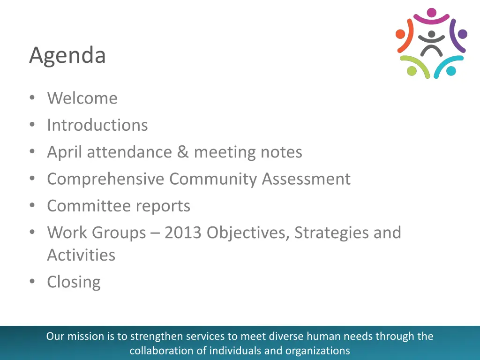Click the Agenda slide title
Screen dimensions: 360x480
pyautogui.click(x=67, y=55)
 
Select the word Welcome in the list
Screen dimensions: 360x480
pyautogui.click(x=82, y=98)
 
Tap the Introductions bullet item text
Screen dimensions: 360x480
pyautogui.click(x=97, y=125)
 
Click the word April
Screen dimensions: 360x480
pyautogui.click(x=64, y=152)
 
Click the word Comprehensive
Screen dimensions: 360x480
pyautogui.click(x=105, y=179)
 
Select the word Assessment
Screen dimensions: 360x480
pyautogui.click(x=306, y=179)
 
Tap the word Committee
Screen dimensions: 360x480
pyautogui.click(x=89, y=206)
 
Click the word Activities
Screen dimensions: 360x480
pyautogui.click(x=81, y=255)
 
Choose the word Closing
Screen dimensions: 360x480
pyautogui.click(x=74, y=282)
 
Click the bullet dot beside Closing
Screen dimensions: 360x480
pyautogui.click(x=32, y=282)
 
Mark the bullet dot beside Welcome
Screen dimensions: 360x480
pyautogui.click(x=32, y=98)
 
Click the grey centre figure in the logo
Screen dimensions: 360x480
pyautogui.click(x=431, y=44)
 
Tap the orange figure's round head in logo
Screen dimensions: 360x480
pyautogui.click(x=400, y=34)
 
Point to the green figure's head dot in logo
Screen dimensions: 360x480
pyautogui.click(x=412, y=71)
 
